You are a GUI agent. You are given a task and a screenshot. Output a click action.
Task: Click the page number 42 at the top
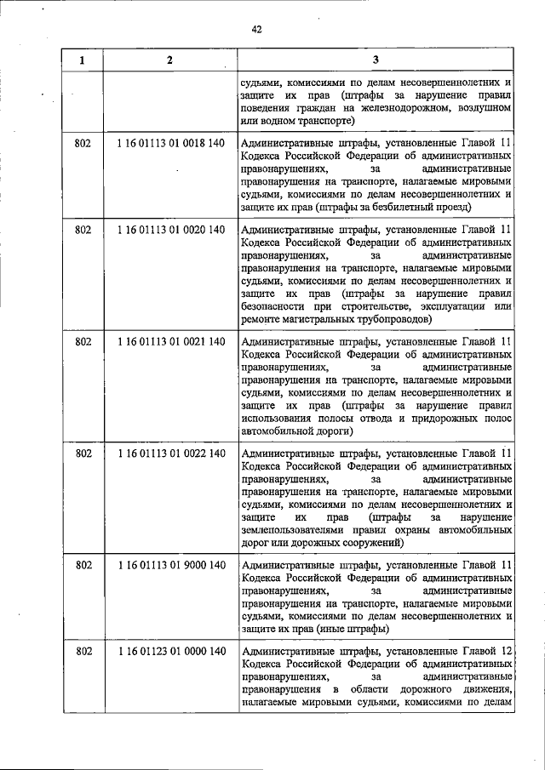coord(256,29)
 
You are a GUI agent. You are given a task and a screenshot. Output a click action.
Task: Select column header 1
coord(83,60)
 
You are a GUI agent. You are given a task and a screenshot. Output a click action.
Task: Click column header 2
coord(170,60)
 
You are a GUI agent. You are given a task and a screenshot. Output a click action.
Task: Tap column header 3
coord(376,60)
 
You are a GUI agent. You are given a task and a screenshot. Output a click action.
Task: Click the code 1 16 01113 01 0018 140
coord(170,143)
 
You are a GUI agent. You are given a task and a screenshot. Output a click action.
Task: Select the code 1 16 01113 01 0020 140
coord(170,230)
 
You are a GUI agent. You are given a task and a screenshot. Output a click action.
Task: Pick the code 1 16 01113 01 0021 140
coord(170,341)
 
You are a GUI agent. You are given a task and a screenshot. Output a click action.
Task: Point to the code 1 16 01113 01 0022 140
coord(170,453)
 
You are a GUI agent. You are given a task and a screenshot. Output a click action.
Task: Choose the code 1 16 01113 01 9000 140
coord(170,564)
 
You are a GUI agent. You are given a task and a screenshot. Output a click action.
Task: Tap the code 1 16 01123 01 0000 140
coord(170,651)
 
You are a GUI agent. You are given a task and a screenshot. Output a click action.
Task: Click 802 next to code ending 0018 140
coord(83,143)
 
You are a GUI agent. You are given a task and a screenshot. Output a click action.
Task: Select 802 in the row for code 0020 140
coord(83,230)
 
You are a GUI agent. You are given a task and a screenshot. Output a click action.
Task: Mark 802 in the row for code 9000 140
coord(83,564)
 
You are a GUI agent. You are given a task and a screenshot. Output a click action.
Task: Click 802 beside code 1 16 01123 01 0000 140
coord(83,651)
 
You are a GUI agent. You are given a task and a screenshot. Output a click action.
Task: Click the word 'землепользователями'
coord(296,528)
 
